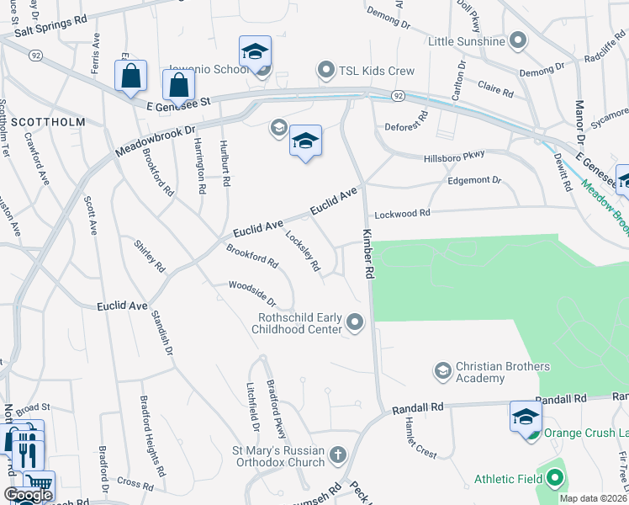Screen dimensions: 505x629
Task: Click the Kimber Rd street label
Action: pyautogui.click(x=367, y=253)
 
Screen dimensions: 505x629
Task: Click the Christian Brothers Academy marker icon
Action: pyautogui.click(x=442, y=370)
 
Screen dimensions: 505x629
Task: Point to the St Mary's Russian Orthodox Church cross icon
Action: pyautogui.click(x=337, y=455)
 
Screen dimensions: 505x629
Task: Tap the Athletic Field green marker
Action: pyautogui.click(x=553, y=479)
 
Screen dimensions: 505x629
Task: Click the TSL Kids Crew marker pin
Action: pyautogui.click(x=325, y=69)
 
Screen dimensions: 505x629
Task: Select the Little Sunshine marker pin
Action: pyautogui.click(x=518, y=40)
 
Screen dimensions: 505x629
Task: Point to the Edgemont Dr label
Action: pyautogui.click(x=473, y=180)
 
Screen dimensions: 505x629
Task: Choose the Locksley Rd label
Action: pyautogui.click(x=303, y=252)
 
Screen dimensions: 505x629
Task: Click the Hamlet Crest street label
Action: pyautogui.click(x=420, y=438)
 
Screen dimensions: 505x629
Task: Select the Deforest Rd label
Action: pyautogui.click(x=408, y=130)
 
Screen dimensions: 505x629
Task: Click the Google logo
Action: pyautogui.click(x=28, y=495)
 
